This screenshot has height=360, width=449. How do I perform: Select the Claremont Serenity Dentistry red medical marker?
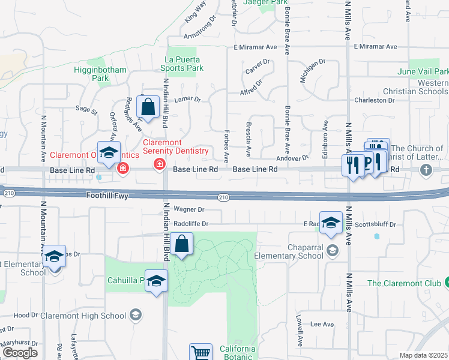tap(160, 164)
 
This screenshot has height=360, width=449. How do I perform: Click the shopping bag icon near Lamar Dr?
tap(148, 109)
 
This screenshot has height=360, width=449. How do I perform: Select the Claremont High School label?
tap(92, 316)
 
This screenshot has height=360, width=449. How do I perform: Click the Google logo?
tap(20, 353)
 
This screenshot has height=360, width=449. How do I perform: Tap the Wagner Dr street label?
tap(189, 209)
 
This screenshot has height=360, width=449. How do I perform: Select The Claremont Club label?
tap(404, 283)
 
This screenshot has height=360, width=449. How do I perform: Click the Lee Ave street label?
tap(322, 324)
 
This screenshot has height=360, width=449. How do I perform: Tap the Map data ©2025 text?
tap(424, 355)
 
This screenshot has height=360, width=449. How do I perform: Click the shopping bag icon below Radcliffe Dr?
tap(181, 245)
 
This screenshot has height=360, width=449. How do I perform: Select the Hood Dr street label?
tap(26, 315)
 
